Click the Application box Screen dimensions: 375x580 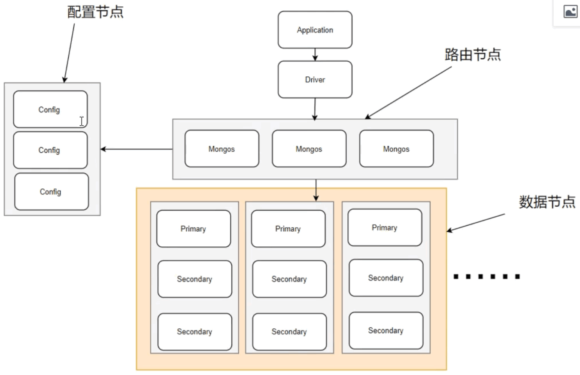pos(315,30)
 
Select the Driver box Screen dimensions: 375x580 pos(315,79)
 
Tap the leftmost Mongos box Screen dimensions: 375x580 pos(222,148)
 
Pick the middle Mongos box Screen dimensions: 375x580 pos(309,148)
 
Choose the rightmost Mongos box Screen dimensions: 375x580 pos(396,148)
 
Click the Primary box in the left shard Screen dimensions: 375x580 pos(193,228)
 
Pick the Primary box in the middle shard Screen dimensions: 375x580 pos(288,228)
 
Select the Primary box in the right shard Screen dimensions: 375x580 pos(385,227)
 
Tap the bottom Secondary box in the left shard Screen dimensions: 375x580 pos(194,331)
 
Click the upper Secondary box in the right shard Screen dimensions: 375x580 pos(386,278)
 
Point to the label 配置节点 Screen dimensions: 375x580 pos(95,12)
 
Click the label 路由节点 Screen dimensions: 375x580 pos(473,54)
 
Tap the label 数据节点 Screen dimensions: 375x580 pos(547,202)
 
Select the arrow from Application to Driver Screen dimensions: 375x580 pos(315,54)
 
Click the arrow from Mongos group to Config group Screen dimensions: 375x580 pos(137,149)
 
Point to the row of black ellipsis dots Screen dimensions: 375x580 pos(487,276)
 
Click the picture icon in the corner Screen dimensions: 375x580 pos(570,12)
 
